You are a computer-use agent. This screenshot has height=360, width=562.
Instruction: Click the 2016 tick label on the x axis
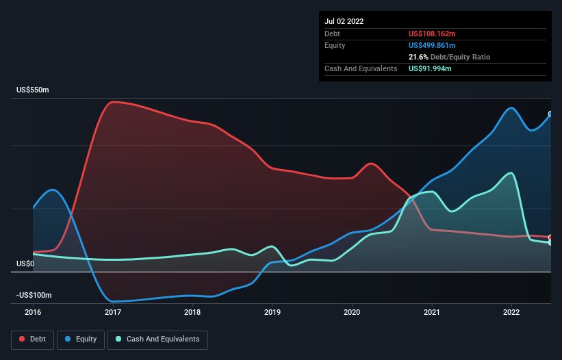[33, 313]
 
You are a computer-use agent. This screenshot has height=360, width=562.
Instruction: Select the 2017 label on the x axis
[113, 313]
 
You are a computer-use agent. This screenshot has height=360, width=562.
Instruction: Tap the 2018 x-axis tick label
[192, 313]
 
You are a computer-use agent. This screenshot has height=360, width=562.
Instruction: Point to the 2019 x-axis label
[272, 313]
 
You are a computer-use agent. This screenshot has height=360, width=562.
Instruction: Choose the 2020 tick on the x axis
[352, 313]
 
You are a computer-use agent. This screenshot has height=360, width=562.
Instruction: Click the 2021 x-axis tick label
[432, 313]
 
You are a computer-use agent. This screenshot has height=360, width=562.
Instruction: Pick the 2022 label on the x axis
[511, 313]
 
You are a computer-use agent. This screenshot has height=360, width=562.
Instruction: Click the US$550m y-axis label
[34, 90]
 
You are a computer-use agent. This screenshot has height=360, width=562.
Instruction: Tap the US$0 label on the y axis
[25, 263]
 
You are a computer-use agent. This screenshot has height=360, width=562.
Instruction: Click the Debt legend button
[32, 339]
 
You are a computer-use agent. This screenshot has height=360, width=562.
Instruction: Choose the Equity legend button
[81, 339]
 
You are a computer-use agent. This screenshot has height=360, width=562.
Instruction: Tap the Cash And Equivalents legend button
[157, 339]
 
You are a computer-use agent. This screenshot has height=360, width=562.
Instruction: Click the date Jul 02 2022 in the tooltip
[344, 21]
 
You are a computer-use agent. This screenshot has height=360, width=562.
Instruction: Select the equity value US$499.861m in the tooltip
[432, 45]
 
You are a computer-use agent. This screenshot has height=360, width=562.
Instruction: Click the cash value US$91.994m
[430, 68]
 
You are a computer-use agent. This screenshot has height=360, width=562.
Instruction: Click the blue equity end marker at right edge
[550, 114]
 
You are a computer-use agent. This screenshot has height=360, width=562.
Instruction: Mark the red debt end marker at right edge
[550, 237]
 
